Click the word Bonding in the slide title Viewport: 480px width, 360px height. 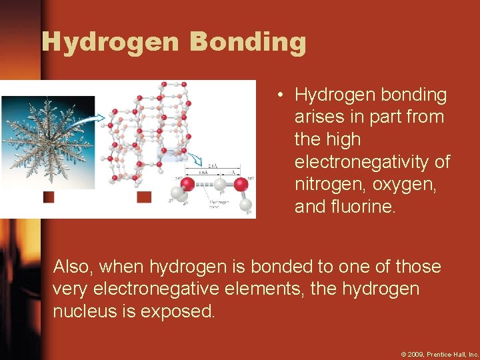click(x=248, y=42)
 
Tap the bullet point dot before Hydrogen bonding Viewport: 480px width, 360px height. click(x=283, y=95)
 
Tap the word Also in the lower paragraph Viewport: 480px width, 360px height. click(x=73, y=267)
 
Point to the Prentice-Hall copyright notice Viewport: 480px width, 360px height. click(x=439, y=354)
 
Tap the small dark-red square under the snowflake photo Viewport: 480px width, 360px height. click(x=49, y=197)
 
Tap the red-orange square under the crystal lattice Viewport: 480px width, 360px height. click(x=144, y=197)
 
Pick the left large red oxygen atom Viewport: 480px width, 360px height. click(x=189, y=183)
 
